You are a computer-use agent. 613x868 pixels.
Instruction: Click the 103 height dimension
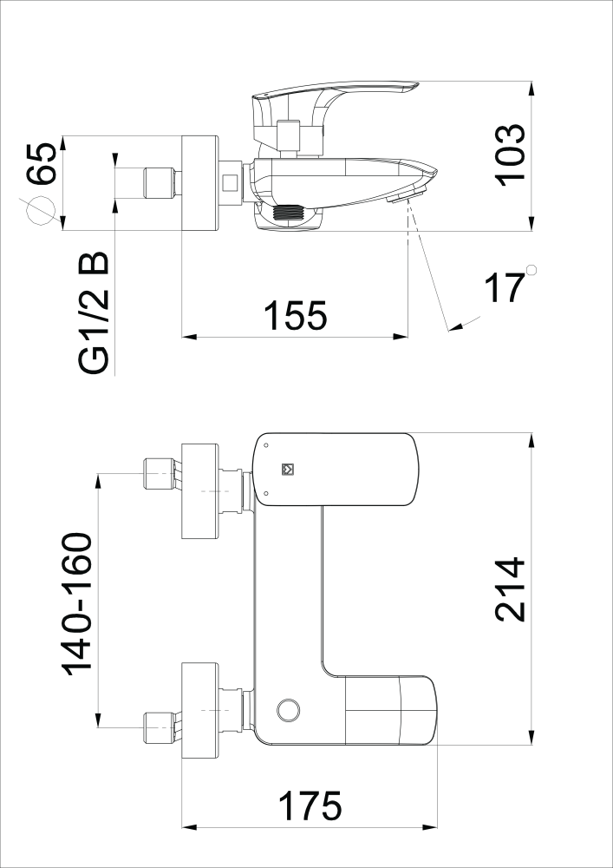point(510,155)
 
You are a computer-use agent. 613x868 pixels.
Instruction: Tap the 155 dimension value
point(296,316)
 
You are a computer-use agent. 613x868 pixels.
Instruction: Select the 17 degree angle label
point(504,287)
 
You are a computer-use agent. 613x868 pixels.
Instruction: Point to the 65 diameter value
point(42,163)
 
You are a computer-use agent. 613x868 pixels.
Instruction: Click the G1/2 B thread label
point(94,314)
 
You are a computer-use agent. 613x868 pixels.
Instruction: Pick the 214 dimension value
point(510,589)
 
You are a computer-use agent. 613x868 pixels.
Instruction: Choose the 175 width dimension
point(310,806)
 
